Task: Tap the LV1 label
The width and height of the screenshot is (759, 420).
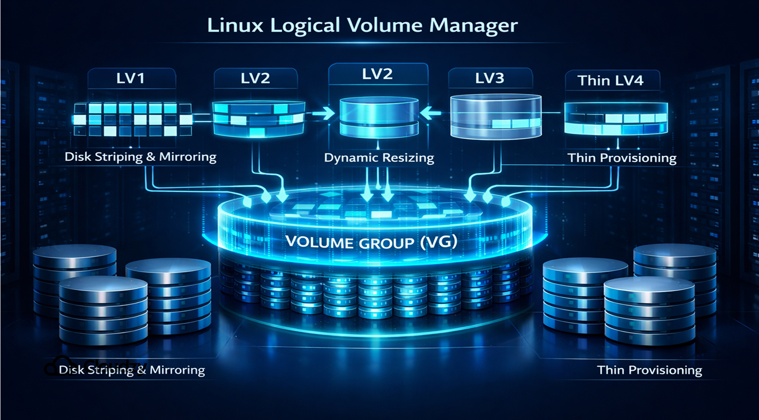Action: (131, 79)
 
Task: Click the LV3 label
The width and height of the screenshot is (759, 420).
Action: (490, 78)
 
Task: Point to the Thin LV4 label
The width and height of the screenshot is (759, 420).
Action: (610, 81)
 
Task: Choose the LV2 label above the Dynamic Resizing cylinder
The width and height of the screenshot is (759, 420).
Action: (377, 74)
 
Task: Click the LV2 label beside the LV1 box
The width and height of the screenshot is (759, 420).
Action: (255, 79)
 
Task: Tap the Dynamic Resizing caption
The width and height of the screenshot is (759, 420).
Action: (379, 158)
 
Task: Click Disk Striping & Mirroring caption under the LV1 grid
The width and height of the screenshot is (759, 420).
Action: (140, 157)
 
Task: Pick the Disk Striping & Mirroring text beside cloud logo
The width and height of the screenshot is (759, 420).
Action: (132, 370)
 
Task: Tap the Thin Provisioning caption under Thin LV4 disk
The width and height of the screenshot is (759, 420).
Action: (622, 158)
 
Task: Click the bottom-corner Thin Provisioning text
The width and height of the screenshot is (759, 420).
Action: (649, 370)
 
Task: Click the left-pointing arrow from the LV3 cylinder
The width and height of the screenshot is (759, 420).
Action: (430, 112)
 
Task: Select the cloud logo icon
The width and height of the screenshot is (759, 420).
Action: (56, 365)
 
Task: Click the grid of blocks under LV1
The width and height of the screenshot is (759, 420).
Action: (132, 120)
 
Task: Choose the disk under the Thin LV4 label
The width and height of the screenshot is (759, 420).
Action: (615, 118)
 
